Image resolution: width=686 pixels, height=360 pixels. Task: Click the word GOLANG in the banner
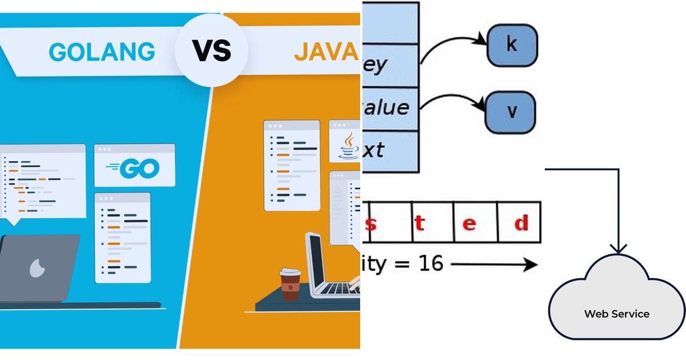[102, 51]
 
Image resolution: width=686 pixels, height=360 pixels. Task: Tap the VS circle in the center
[211, 51]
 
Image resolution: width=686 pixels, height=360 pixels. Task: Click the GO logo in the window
[134, 168]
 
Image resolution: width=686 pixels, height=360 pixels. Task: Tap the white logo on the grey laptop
[37, 267]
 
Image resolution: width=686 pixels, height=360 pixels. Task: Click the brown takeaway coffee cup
[290, 284]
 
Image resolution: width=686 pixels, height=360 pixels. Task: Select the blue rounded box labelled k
[512, 45]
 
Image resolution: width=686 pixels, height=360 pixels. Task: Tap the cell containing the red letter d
[519, 222]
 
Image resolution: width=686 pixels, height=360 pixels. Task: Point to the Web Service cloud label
[616, 314]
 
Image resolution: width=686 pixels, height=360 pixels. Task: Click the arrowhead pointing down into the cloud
[618, 249]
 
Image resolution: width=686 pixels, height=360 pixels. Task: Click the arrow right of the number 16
[494, 265]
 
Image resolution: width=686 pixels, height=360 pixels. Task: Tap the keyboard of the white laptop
[337, 289]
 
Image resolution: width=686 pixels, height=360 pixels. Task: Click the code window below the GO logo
[122, 237]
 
